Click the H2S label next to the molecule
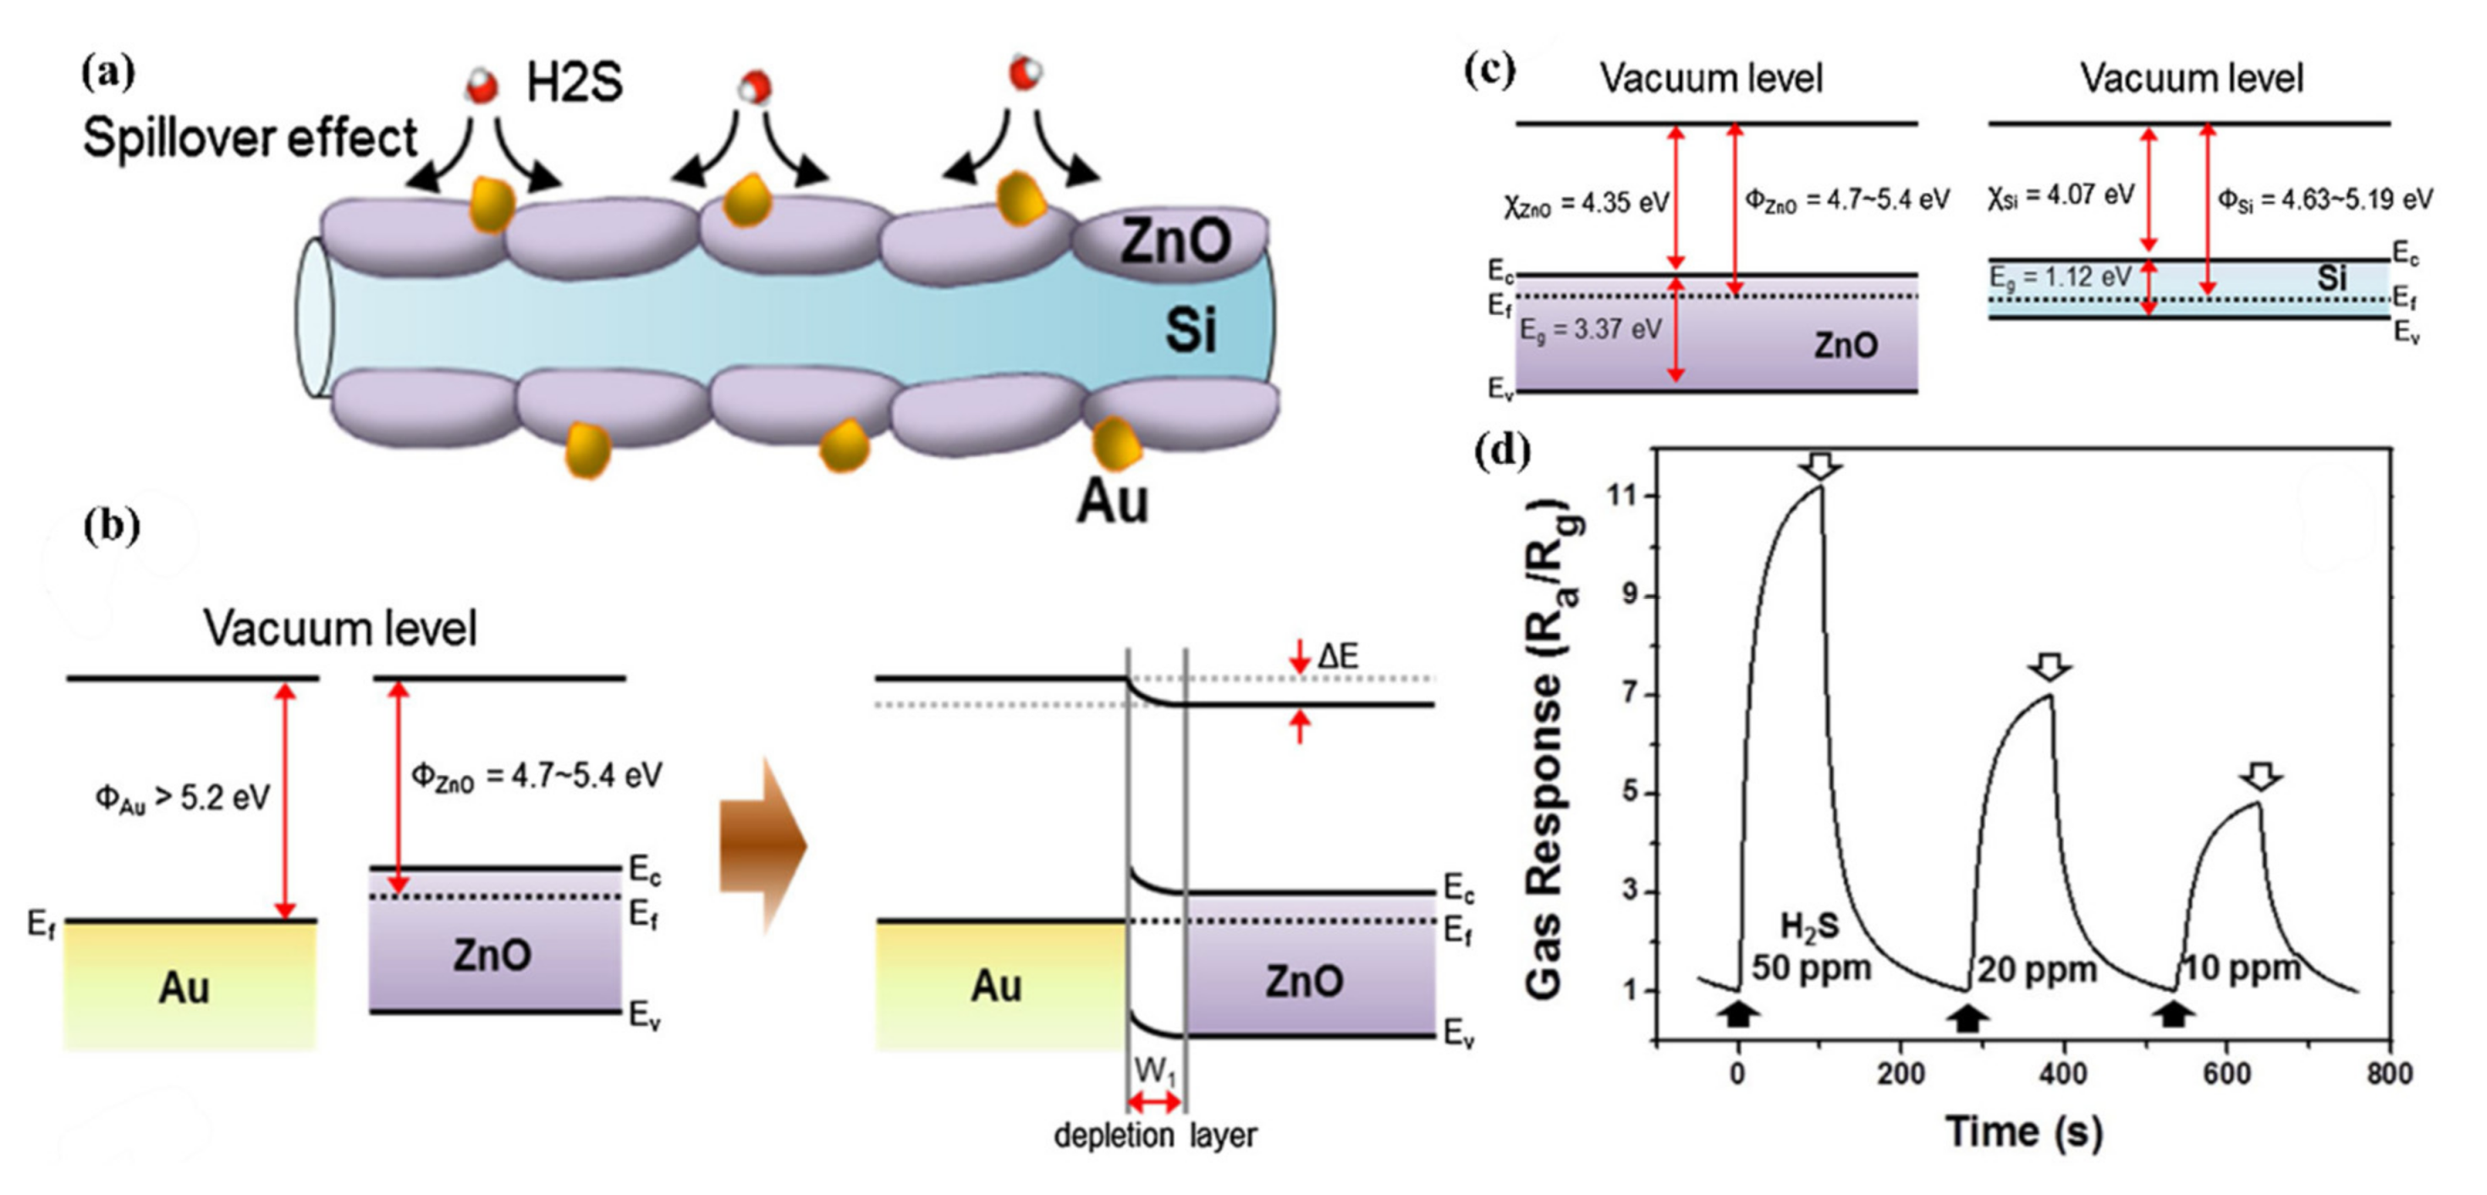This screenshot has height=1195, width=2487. pos(574,84)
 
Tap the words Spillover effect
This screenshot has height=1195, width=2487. pos(249,138)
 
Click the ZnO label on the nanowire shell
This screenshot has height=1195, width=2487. pos(1174,241)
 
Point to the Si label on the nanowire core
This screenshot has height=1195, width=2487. pos(1190,330)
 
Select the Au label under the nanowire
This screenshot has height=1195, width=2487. pos(1112,502)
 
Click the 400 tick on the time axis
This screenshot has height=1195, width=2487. pos(2063,1074)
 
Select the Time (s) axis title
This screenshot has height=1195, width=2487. pos(2023,1132)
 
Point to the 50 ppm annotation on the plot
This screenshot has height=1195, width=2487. pos(1811,967)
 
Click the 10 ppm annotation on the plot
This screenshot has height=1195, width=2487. pos(2242,967)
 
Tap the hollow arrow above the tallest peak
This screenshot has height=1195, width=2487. pos(1821,467)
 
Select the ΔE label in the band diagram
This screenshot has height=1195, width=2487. pos(1337,658)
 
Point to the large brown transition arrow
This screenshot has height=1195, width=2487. pos(762,845)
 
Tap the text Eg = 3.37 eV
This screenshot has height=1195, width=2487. pos(1590,330)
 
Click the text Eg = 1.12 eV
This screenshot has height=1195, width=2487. pos(2060,278)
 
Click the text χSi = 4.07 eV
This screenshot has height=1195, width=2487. pos(2061,197)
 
